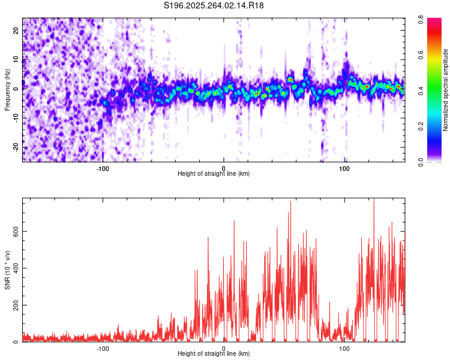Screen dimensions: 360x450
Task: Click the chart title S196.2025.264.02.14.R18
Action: click(x=214, y=5)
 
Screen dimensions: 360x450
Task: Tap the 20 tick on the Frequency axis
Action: click(x=16, y=30)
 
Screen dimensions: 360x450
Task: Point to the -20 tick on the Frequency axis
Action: click(x=15, y=147)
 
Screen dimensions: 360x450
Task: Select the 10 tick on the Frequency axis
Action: click(x=16, y=59)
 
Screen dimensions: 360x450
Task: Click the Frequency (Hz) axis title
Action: click(x=7, y=89)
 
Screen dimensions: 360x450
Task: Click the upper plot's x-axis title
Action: click(x=214, y=173)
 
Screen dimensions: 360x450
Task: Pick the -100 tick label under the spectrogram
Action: click(x=103, y=168)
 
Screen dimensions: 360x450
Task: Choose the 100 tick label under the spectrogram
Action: click(x=344, y=168)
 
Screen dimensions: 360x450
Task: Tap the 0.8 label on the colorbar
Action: click(x=431, y=20)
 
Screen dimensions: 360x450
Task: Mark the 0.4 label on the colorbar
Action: click(x=431, y=91)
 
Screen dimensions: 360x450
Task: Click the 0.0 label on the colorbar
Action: click(x=431, y=161)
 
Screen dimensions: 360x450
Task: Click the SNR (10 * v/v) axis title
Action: click(x=7, y=269)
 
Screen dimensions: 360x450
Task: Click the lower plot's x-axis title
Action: click(x=214, y=353)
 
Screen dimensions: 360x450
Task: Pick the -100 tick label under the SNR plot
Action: click(x=103, y=348)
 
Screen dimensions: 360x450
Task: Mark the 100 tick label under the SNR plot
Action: click(x=344, y=348)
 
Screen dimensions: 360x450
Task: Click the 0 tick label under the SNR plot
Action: click(x=224, y=348)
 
